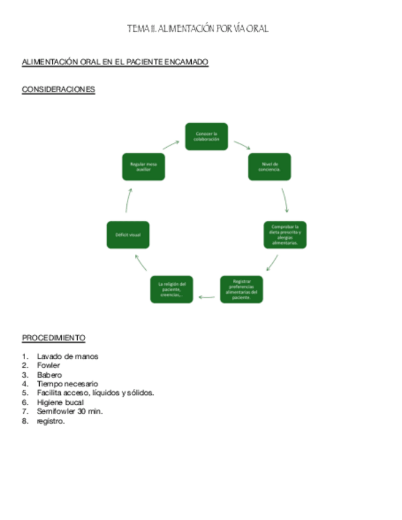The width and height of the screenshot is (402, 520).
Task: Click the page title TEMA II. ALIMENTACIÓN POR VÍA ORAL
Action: tap(197, 29)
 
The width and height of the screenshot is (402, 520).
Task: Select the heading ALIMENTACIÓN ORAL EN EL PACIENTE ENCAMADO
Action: tap(115, 63)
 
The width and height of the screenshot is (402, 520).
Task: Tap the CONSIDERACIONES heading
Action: tap(58, 90)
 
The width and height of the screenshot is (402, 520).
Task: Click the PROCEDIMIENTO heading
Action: tap(54, 338)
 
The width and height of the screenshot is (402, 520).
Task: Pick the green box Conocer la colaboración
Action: tap(207, 136)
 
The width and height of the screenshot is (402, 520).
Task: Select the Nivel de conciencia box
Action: tap(270, 167)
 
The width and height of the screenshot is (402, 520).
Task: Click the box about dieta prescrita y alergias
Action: tap(285, 235)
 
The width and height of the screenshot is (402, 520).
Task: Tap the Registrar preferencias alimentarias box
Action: tap(241, 289)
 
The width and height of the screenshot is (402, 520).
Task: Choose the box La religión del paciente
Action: tap(172, 289)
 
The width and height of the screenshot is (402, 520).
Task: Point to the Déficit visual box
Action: tap(128, 235)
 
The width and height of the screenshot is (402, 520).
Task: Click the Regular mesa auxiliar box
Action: tap(143, 167)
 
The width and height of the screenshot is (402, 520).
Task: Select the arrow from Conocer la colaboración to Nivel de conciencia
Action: tap(242, 145)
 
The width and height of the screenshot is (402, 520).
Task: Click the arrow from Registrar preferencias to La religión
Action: tap(207, 297)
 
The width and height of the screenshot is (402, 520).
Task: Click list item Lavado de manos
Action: tap(67, 356)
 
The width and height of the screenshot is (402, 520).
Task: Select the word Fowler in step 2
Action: tap(48, 365)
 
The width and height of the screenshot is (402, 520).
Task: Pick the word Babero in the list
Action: tap(49, 375)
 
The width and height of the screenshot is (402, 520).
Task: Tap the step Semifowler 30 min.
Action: tap(69, 411)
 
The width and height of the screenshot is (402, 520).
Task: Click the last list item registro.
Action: tap(50, 421)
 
